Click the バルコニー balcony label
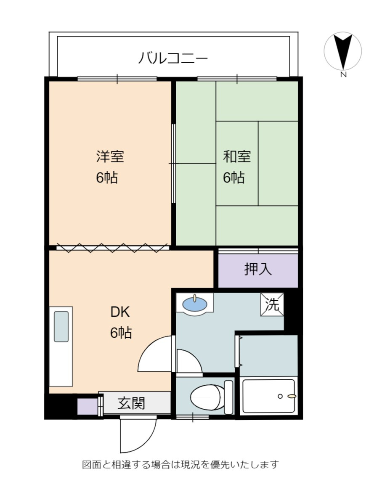pos(173,58)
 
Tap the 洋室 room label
pos(110,157)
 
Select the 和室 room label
pos(236,157)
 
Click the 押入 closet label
pos(258,269)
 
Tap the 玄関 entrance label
pos(131,403)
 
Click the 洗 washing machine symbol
pos(272,305)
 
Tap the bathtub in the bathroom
pos(268,396)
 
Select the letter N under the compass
pos(343,75)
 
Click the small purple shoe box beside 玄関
pos(88,407)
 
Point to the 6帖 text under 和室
pos(233,178)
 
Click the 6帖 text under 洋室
pos(107,178)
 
